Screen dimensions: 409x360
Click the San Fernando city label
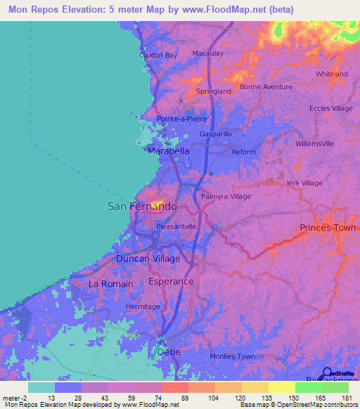pos(141,207)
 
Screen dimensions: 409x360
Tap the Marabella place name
pos(168,151)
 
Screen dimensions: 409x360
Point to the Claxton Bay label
pos(158,54)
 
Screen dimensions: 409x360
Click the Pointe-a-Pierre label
pos(182,119)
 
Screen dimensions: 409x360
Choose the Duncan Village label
pos(148,259)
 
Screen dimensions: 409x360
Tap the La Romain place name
pos(110,283)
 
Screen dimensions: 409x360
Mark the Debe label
pos(169,351)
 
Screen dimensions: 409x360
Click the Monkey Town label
pos(232,356)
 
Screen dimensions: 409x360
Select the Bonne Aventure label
pos(266,86)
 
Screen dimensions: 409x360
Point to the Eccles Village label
pos(331,108)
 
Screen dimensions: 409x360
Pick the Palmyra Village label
pos(226,197)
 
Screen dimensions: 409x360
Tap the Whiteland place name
pos(332,74)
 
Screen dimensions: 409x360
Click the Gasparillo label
pos(216,134)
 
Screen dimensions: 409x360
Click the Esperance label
pos(171,281)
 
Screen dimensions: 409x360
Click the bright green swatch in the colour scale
pos(308,387)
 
